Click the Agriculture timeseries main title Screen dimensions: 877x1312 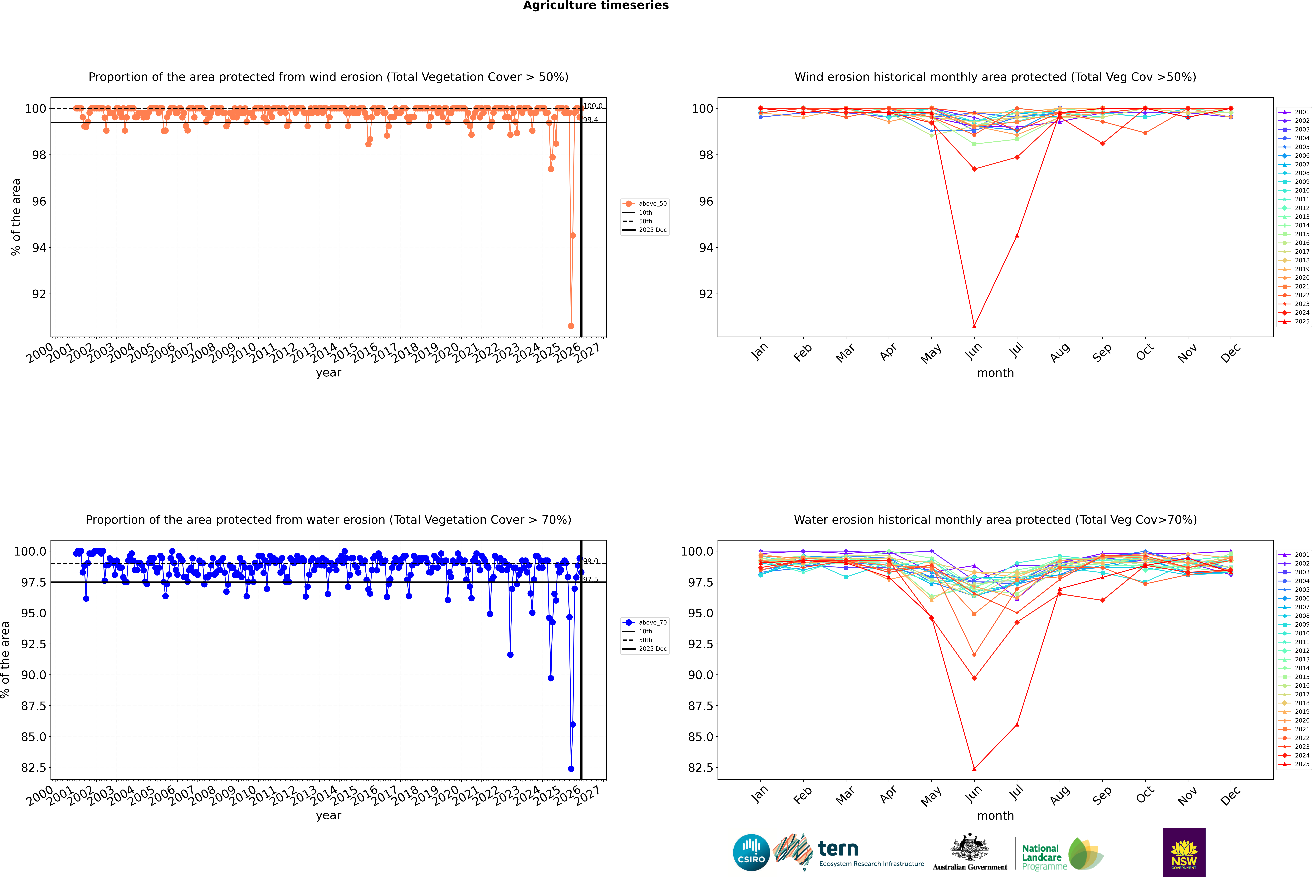[596, 6]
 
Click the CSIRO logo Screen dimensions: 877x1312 [751, 852]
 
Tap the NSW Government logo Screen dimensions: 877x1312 [1184, 852]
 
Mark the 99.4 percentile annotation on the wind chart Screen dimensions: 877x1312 [591, 120]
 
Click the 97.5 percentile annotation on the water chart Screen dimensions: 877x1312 [591, 579]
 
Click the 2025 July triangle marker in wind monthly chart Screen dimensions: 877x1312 [1017, 235]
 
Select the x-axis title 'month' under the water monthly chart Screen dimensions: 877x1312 [995, 816]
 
